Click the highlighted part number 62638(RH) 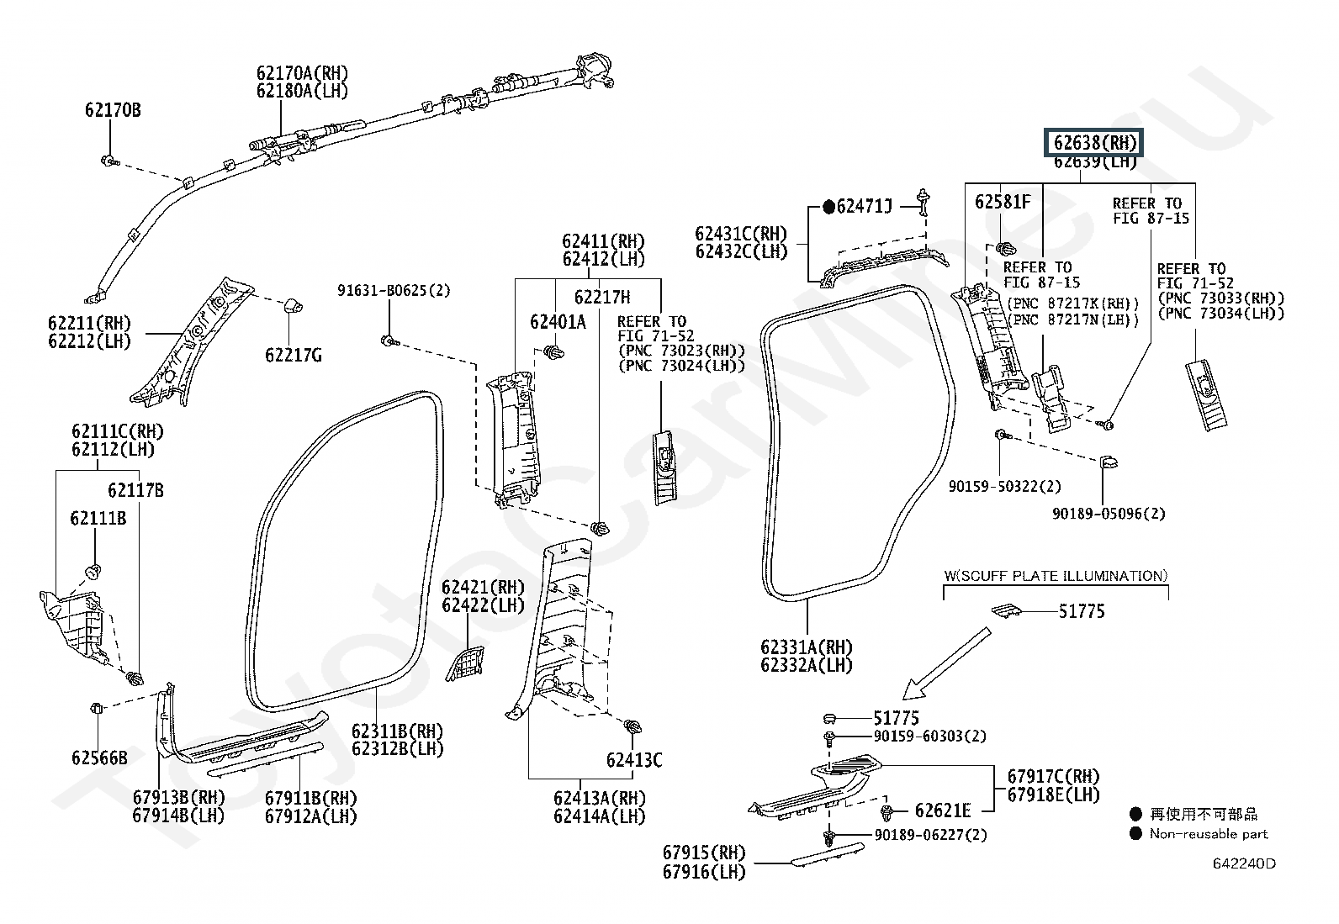click(x=1093, y=143)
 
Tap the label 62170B click(x=113, y=110)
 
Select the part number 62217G click(x=294, y=355)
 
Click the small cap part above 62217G click(x=293, y=305)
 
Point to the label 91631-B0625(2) click(x=394, y=290)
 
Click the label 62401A click(x=558, y=322)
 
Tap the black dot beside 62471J click(x=828, y=207)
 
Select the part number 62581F click(x=1003, y=202)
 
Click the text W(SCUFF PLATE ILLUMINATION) click(x=1056, y=576)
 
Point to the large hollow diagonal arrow click(x=945, y=663)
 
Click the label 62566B click(x=99, y=758)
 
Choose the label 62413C click(x=634, y=760)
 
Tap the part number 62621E click(x=943, y=810)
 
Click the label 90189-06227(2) click(x=931, y=834)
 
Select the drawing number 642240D click(x=1244, y=863)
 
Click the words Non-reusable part click(x=1208, y=834)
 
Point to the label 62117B click(x=135, y=490)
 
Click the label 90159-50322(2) click(x=1005, y=486)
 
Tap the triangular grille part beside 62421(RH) click(x=464, y=663)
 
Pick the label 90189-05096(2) click(x=1109, y=514)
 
